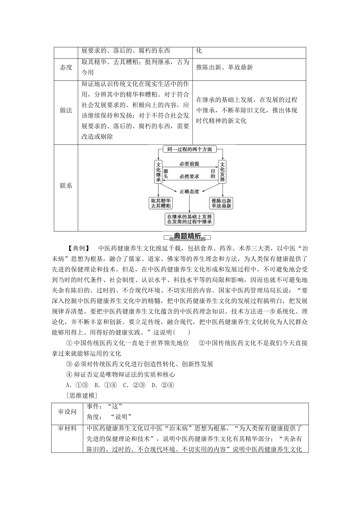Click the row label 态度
pos(66,67)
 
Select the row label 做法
pos(66,111)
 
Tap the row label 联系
pos(66,186)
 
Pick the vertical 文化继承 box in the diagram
pos(158,172)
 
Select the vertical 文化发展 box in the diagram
pos(222,172)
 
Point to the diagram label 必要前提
pos(189,164)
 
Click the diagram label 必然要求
pos(189,176)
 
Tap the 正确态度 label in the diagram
pos(189,192)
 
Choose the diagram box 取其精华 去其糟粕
pos(161,203)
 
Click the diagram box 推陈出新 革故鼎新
pos(222,203)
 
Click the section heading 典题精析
pos(187,237)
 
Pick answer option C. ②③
pos(134,385)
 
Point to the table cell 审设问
pos(67,411)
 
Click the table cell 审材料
pos(67,428)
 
